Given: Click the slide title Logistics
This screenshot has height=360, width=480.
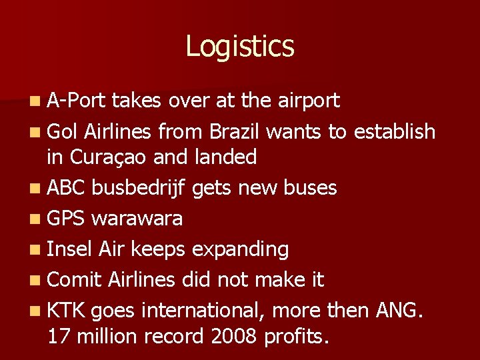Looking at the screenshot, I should [x=239, y=47].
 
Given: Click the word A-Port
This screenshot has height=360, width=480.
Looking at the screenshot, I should [x=77, y=101].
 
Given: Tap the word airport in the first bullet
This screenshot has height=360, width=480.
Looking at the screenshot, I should [x=305, y=101].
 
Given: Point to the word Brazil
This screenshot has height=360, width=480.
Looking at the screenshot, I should [x=235, y=131].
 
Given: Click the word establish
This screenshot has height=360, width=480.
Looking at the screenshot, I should [x=394, y=131].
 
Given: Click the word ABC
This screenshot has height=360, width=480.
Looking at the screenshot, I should [x=67, y=188].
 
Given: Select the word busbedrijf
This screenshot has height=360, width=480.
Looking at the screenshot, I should [x=140, y=188].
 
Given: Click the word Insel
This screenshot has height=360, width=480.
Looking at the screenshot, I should [x=70, y=249].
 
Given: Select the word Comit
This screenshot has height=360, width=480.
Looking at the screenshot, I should [x=73, y=279].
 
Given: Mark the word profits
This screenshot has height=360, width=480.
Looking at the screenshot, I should [x=297, y=337].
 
